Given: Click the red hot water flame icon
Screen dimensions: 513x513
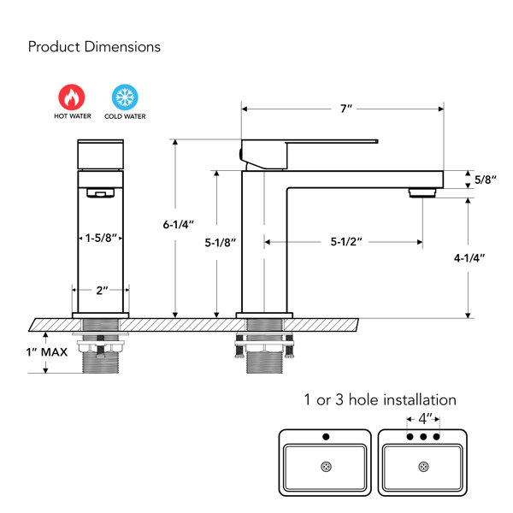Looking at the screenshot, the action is pyautogui.click(x=72, y=97).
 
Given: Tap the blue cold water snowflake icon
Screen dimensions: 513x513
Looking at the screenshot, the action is pyautogui.click(x=125, y=97).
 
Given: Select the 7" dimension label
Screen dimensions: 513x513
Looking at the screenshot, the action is pyautogui.click(x=346, y=109).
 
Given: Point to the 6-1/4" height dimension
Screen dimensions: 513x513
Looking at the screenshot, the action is pyautogui.click(x=179, y=225).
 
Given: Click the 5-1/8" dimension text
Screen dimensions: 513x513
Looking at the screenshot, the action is pyautogui.click(x=221, y=243).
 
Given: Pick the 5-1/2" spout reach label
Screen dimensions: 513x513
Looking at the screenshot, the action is pyautogui.click(x=346, y=242).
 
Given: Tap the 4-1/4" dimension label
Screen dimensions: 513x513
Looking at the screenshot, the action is pyautogui.click(x=469, y=258).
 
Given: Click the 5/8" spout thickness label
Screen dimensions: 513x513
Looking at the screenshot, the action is pyautogui.click(x=486, y=180).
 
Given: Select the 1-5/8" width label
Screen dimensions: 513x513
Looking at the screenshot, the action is pyautogui.click(x=101, y=238).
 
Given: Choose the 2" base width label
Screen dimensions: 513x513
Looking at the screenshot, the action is pyautogui.click(x=102, y=290).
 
